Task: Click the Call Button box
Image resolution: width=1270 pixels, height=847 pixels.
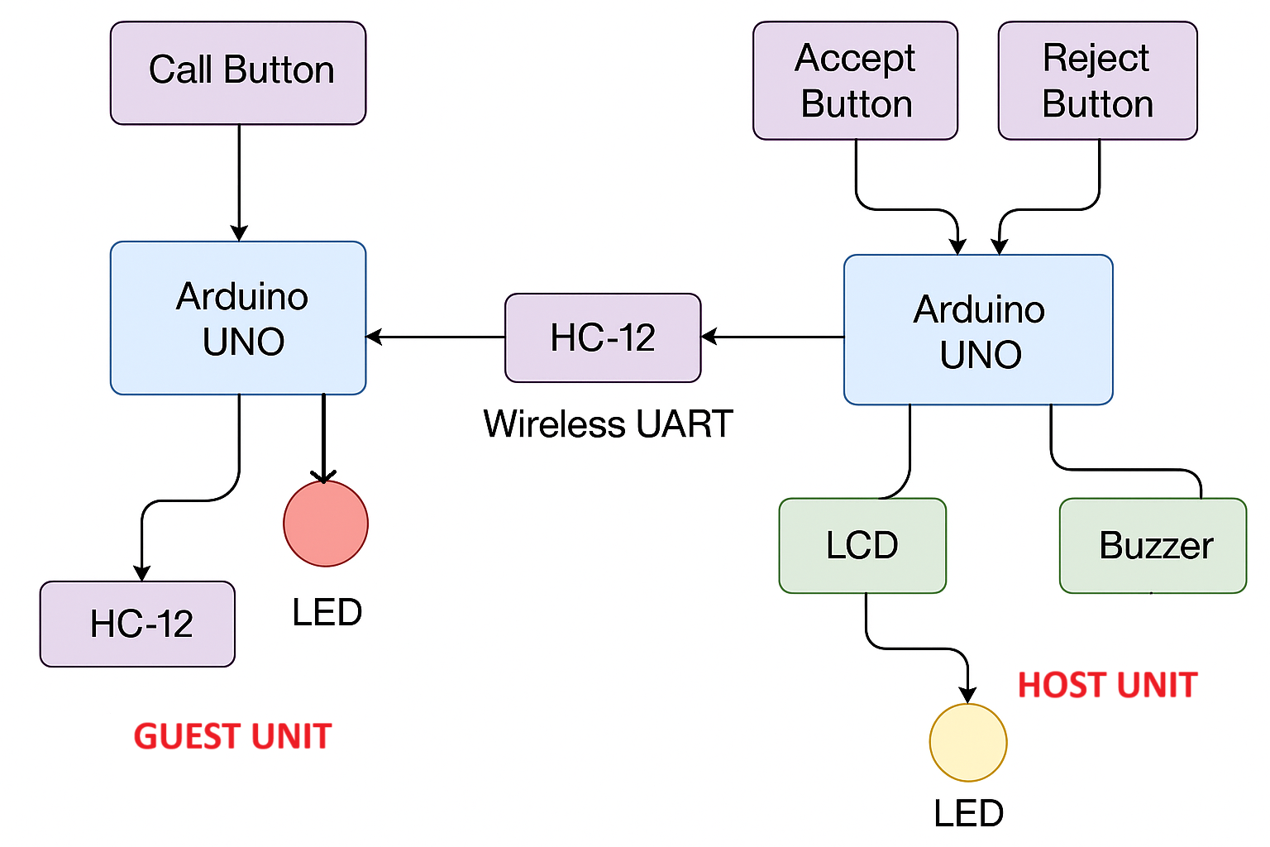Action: click(238, 73)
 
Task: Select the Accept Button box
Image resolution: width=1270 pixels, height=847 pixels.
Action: click(855, 80)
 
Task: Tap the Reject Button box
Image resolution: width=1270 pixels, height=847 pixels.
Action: click(1097, 80)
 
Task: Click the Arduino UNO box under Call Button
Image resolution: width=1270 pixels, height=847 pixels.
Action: click(238, 318)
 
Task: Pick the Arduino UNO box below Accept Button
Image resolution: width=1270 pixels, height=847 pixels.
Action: click(978, 329)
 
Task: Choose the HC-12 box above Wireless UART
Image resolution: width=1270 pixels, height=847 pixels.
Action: click(603, 337)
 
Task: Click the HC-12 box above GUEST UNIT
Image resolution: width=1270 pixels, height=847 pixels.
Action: click(137, 624)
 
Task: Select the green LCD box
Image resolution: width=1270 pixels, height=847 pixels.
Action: click(862, 545)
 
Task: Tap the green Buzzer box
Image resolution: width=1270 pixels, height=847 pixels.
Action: click(1153, 545)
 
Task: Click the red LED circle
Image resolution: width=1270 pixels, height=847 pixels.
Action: click(326, 524)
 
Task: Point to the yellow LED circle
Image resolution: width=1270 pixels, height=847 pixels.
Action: click(968, 742)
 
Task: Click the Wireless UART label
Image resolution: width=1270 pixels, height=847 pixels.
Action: click(608, 424)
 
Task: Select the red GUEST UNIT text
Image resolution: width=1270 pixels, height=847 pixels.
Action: click(232, 736)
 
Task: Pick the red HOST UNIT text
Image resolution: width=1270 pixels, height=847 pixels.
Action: click(1107, 685)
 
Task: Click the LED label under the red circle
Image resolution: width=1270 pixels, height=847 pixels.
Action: click(327, 612)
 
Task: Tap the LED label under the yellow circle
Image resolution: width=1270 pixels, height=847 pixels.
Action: click(968, 814)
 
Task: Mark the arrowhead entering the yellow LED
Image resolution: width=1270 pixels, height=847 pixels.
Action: click(967, 695)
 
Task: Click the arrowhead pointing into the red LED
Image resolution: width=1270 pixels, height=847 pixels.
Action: click(323, 476)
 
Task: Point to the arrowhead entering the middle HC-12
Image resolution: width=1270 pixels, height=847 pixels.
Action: click(709, 337)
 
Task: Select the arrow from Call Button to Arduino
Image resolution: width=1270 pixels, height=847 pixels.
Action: click(239, 182)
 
